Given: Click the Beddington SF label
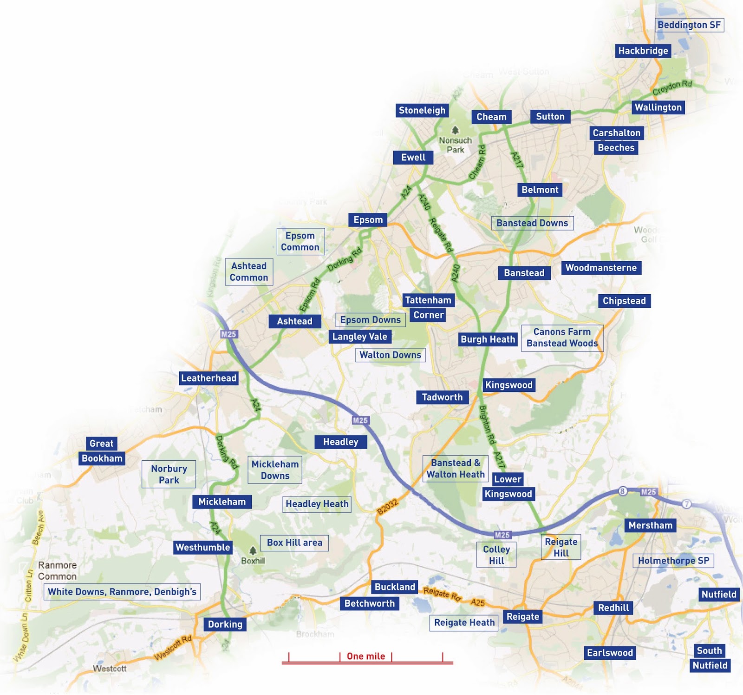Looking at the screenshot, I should click(x=689, y=25).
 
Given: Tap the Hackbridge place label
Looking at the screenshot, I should click(x=643, y=51).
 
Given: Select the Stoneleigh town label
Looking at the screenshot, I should click(x=422, y=110).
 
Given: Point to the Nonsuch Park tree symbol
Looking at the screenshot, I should click(x=455, y=131).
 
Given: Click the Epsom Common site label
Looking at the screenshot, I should click(x=300, y=241).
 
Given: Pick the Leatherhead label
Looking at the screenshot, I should click(x=209, y=378).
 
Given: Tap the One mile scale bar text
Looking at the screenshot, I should click(x=366, y=656).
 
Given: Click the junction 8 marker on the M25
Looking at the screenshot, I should click(x=622, y=491).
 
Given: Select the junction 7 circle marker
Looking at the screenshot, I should click(x=686, y=504).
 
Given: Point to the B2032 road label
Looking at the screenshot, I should click(x=387, y=507).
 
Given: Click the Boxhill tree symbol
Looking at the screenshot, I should click(x=253, y=551).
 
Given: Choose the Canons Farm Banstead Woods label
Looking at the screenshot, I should click(x=562, y=338).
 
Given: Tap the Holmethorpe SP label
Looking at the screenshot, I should click(x=673, y=560).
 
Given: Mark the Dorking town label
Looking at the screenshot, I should click(x=225, y=624).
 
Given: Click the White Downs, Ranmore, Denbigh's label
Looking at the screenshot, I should click(x=122, y=592).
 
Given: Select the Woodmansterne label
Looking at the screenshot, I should click(x=601, y=268).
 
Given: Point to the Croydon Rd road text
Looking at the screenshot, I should click(x=672, y=87).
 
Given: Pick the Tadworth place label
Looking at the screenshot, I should click(x=442, y=397).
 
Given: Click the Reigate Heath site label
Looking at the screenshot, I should click(x=464, y=622).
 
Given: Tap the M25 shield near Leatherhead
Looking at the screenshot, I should click(x=228, y=334).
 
